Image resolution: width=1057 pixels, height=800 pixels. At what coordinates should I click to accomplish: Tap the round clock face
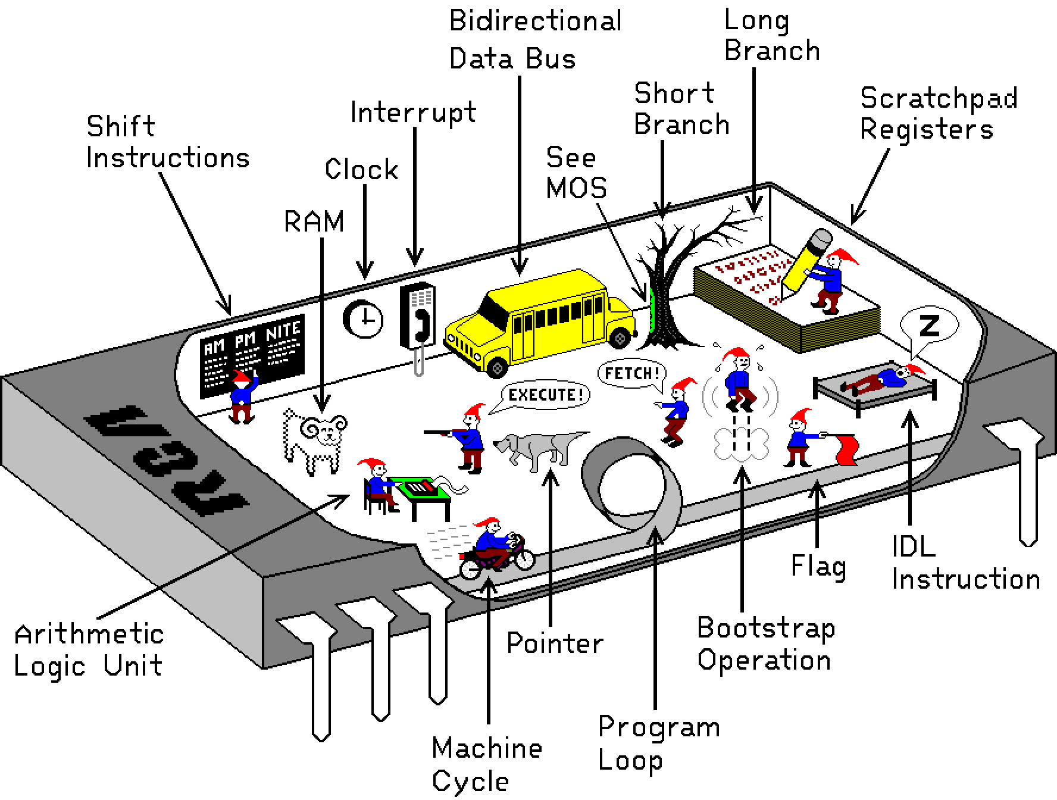point(363,320)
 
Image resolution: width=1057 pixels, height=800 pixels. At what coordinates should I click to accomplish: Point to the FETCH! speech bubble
point(631,374)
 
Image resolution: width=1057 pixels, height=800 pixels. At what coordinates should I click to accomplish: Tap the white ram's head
point(321,429)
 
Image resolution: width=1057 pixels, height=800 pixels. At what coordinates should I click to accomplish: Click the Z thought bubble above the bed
point(928,326)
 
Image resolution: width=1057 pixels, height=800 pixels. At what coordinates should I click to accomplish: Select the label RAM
point(314,222)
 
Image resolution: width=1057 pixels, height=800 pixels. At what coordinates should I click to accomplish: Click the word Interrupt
point(413,112)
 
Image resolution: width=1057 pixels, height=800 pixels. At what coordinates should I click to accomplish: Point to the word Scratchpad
point(939,99)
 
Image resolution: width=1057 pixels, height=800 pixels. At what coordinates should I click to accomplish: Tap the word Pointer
point(555,643)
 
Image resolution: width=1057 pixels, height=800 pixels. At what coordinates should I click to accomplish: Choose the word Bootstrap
point(766,629)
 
